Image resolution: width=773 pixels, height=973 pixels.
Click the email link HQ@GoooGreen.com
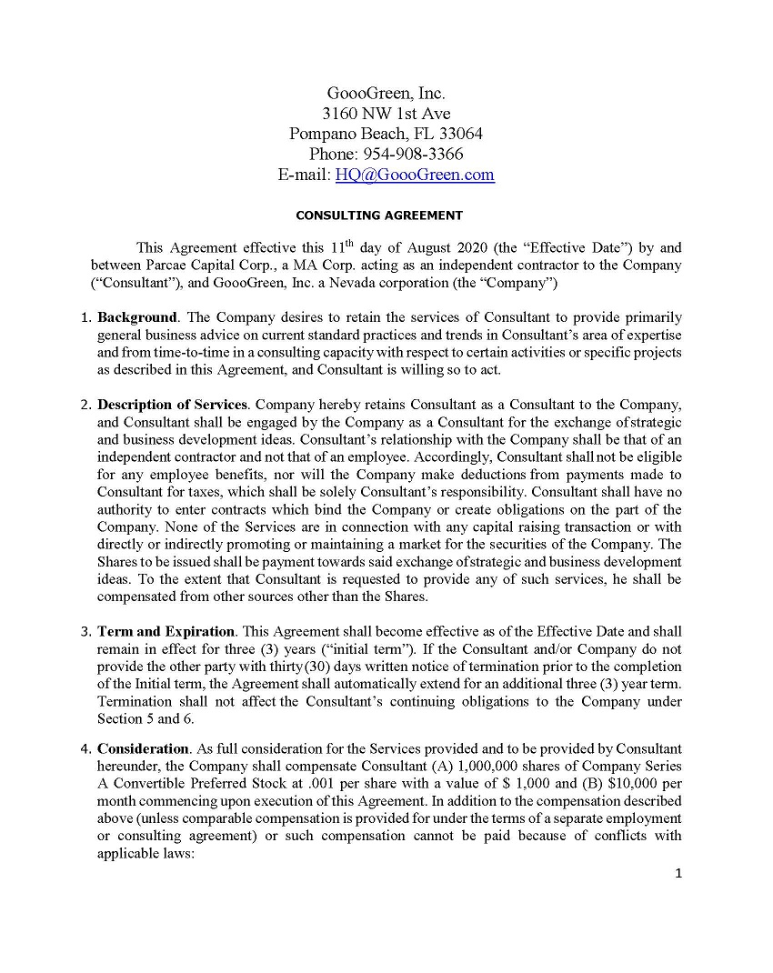[415, 176]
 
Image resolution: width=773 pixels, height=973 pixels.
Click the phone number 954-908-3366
[413, 155]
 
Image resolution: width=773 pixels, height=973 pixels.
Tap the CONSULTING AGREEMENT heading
[379, 216]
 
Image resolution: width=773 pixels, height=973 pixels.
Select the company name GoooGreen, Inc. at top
[386, 94]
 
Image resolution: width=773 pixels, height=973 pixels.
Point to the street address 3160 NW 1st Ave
[386, 114]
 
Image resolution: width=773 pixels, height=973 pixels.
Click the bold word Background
[137, 317]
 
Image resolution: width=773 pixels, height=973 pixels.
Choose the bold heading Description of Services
[172, 404]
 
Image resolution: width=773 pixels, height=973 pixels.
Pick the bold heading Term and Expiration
[166, 631]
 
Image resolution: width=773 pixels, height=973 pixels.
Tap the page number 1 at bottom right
[678, 874]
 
